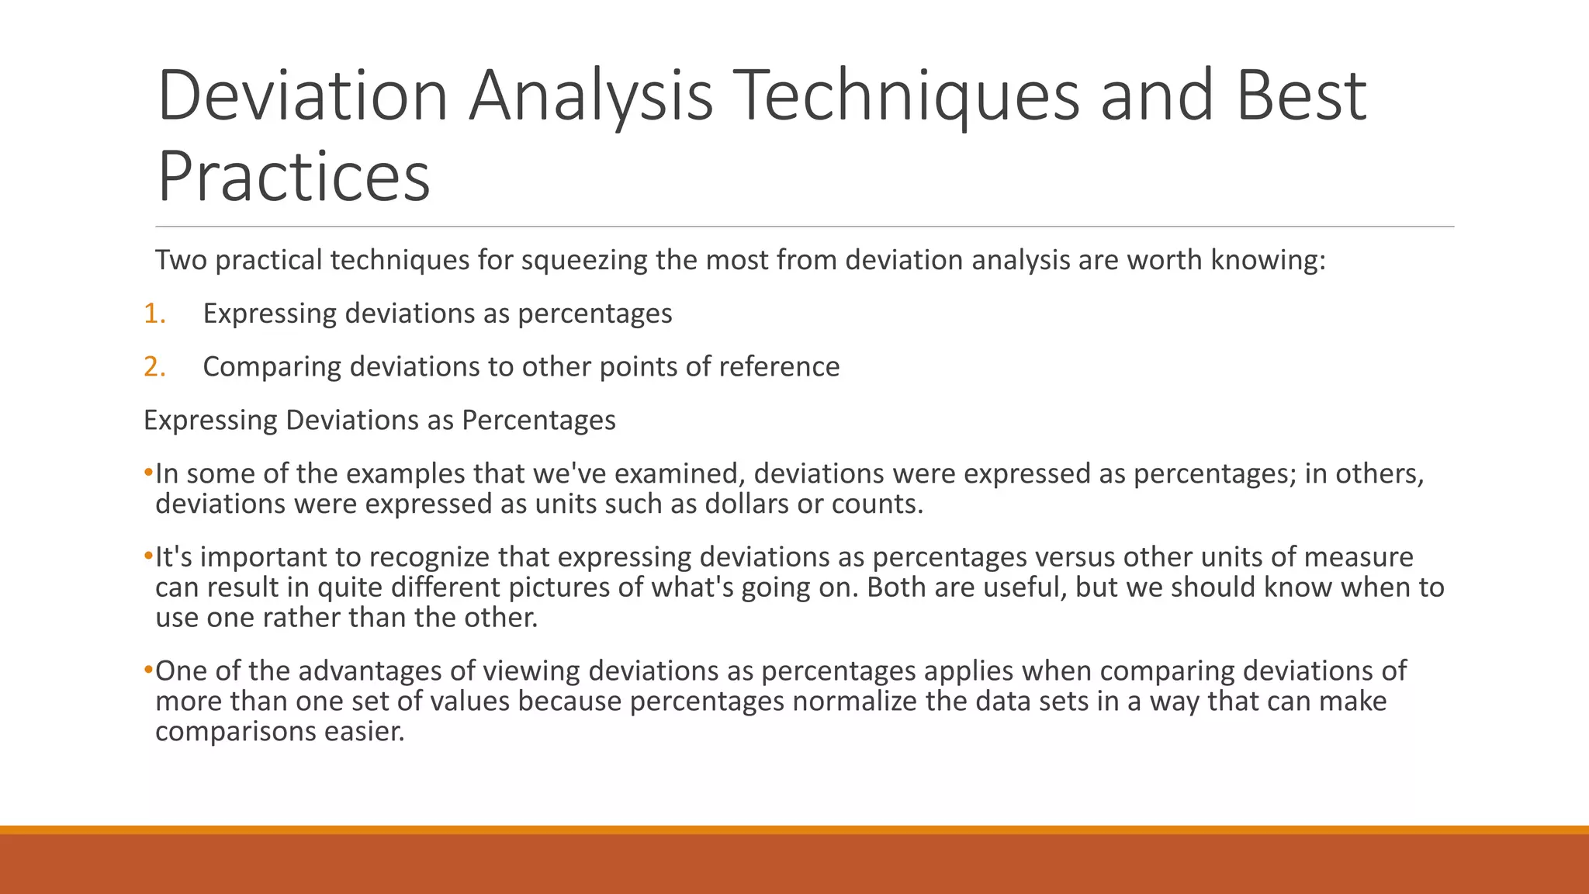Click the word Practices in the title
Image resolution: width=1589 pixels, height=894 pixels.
[x=293, y=176]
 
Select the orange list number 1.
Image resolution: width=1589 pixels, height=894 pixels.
[x=154, y=314]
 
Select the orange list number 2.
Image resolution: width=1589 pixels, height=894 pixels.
[x=154, y=366]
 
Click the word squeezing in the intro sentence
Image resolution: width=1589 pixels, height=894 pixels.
[x=583, y=261]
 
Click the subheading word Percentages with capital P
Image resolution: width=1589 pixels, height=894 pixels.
[x=538, y=420]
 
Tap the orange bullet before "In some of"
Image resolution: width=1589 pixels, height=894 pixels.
[x=148, y=473]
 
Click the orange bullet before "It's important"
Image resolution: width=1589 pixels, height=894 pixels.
[x=148, y=556]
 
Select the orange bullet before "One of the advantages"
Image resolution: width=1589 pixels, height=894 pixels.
[x=148, y=670]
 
